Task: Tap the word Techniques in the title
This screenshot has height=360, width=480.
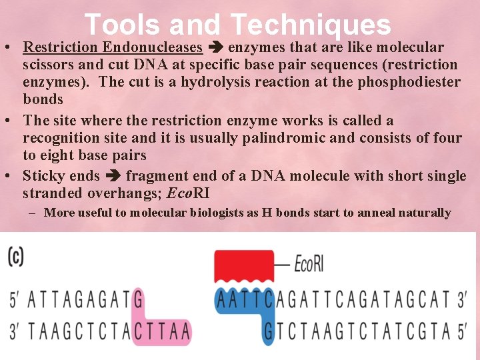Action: [x=310, y=25]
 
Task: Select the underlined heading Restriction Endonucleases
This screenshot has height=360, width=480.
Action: [x=112, y=47]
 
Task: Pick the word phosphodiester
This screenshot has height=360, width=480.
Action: [x=413, y=82]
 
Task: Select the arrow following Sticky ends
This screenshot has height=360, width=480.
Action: [x=112, y=176]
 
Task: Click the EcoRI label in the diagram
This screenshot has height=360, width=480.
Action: [x=309, y=265]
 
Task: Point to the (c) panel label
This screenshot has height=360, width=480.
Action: [x=15, y=257]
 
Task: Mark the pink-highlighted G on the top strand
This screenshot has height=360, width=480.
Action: [x=138, y=300]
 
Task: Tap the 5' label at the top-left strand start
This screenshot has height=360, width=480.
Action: [x=15, y=300]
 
